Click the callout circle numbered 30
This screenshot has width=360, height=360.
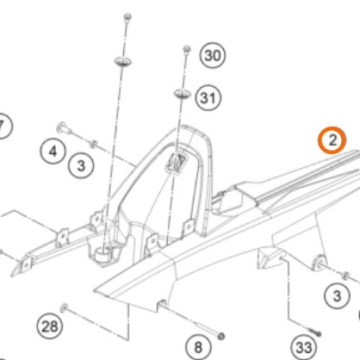pos(212,55)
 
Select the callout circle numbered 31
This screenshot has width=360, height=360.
pos(208,98)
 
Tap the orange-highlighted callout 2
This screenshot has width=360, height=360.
pos(332,140)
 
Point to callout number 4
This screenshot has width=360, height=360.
pos(53,151)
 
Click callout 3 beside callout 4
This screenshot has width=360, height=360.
pos(81,166)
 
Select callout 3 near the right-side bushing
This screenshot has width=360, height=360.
pos(337,296)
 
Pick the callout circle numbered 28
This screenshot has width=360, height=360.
pos(50,326)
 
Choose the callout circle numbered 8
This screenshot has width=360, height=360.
pos(198,347)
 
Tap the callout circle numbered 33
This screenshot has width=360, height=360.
pos(304,347)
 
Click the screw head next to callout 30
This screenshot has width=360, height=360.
pos(186,50)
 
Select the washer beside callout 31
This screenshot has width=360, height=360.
pos(182,94)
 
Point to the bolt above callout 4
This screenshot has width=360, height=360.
pos(64,127)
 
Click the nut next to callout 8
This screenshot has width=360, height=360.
pos(221,336)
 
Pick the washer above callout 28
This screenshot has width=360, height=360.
pos(64,307)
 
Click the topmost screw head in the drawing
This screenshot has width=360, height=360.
pos(127,17)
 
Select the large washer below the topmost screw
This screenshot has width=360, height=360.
pos(122,61)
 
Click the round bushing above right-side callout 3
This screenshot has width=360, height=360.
pos(320,262)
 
